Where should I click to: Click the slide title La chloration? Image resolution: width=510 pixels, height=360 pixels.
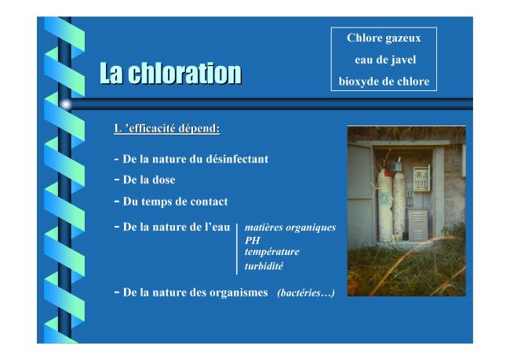[171, 73]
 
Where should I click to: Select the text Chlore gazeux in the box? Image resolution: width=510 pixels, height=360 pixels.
[384, 38]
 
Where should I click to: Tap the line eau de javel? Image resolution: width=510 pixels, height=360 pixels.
[385, 60]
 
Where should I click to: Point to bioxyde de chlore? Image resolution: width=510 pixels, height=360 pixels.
[384, 82]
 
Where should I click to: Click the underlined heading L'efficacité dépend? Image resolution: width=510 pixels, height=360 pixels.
[167, 129]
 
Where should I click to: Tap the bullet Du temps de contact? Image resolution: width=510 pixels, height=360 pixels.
[171, 202]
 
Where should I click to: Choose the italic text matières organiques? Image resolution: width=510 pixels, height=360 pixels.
[290, 227]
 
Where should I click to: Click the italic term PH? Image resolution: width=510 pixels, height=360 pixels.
[253, 240]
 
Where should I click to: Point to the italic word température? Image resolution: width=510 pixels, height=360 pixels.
[272, 252]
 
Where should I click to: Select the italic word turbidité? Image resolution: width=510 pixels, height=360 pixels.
[264, 266]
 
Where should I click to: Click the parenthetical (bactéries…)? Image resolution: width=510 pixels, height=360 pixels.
[306, 293]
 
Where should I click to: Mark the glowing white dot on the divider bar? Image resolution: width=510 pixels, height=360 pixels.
[66, 104]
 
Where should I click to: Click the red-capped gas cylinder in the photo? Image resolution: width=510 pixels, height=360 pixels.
[384, 205]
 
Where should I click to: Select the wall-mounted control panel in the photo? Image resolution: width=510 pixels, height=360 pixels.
[421, 179]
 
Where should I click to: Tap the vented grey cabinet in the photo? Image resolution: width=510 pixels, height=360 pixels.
[418, 225]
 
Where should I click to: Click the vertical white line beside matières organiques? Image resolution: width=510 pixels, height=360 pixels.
[237, 249]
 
